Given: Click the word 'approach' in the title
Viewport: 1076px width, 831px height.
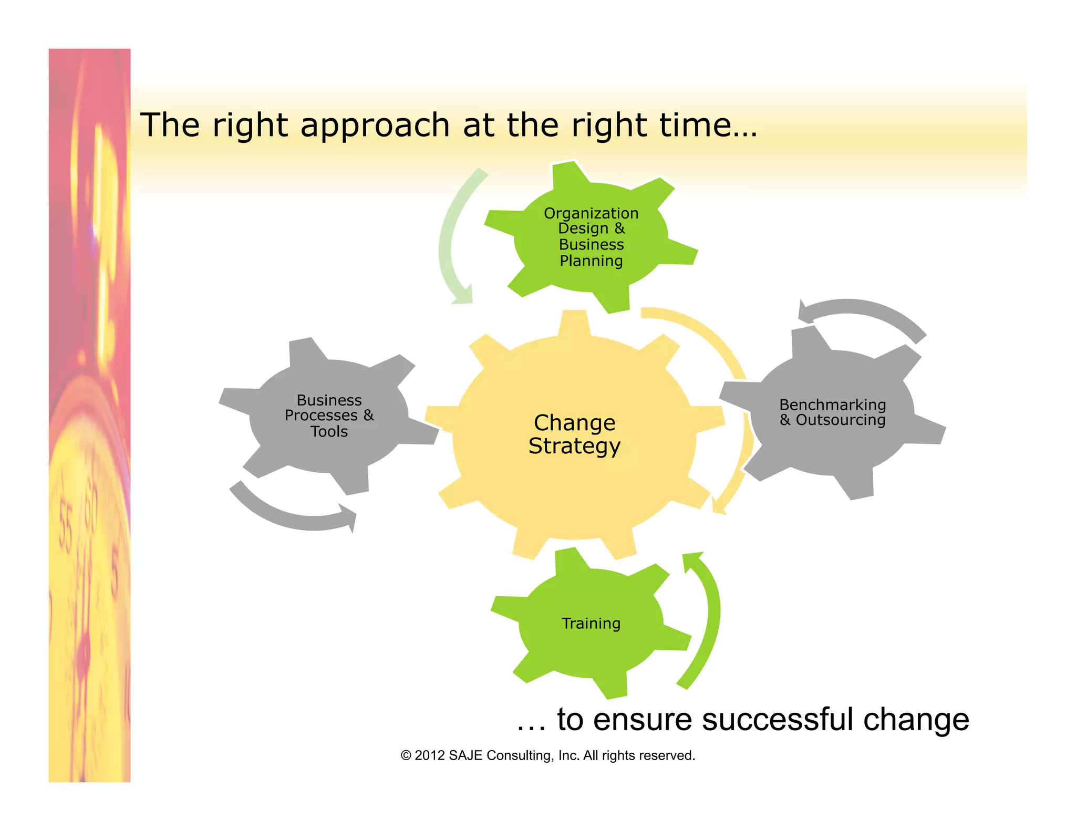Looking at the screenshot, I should (x=375, y=126).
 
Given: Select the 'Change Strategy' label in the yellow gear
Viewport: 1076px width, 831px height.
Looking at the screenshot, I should (x=574, y=434).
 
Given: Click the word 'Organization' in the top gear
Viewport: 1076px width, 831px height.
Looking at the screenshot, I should (x=591, y=213).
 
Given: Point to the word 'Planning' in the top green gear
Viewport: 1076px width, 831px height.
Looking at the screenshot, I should (x=591, y=261).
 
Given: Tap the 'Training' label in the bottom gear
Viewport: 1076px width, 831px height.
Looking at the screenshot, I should (x=591, y=624).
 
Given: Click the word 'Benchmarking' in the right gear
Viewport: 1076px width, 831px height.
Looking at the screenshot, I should (x=832, y=404).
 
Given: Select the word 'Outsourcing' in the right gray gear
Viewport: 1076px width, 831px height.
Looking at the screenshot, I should (x=840, y=420).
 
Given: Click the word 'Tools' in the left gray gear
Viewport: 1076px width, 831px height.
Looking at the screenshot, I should (x=329, y=432).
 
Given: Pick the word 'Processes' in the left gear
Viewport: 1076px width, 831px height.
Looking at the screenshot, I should (x=321, y=415).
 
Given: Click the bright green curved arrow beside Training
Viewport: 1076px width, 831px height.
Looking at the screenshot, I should (x=707, y=620).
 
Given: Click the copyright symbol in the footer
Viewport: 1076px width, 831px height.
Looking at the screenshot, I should (x=406, y=755).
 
